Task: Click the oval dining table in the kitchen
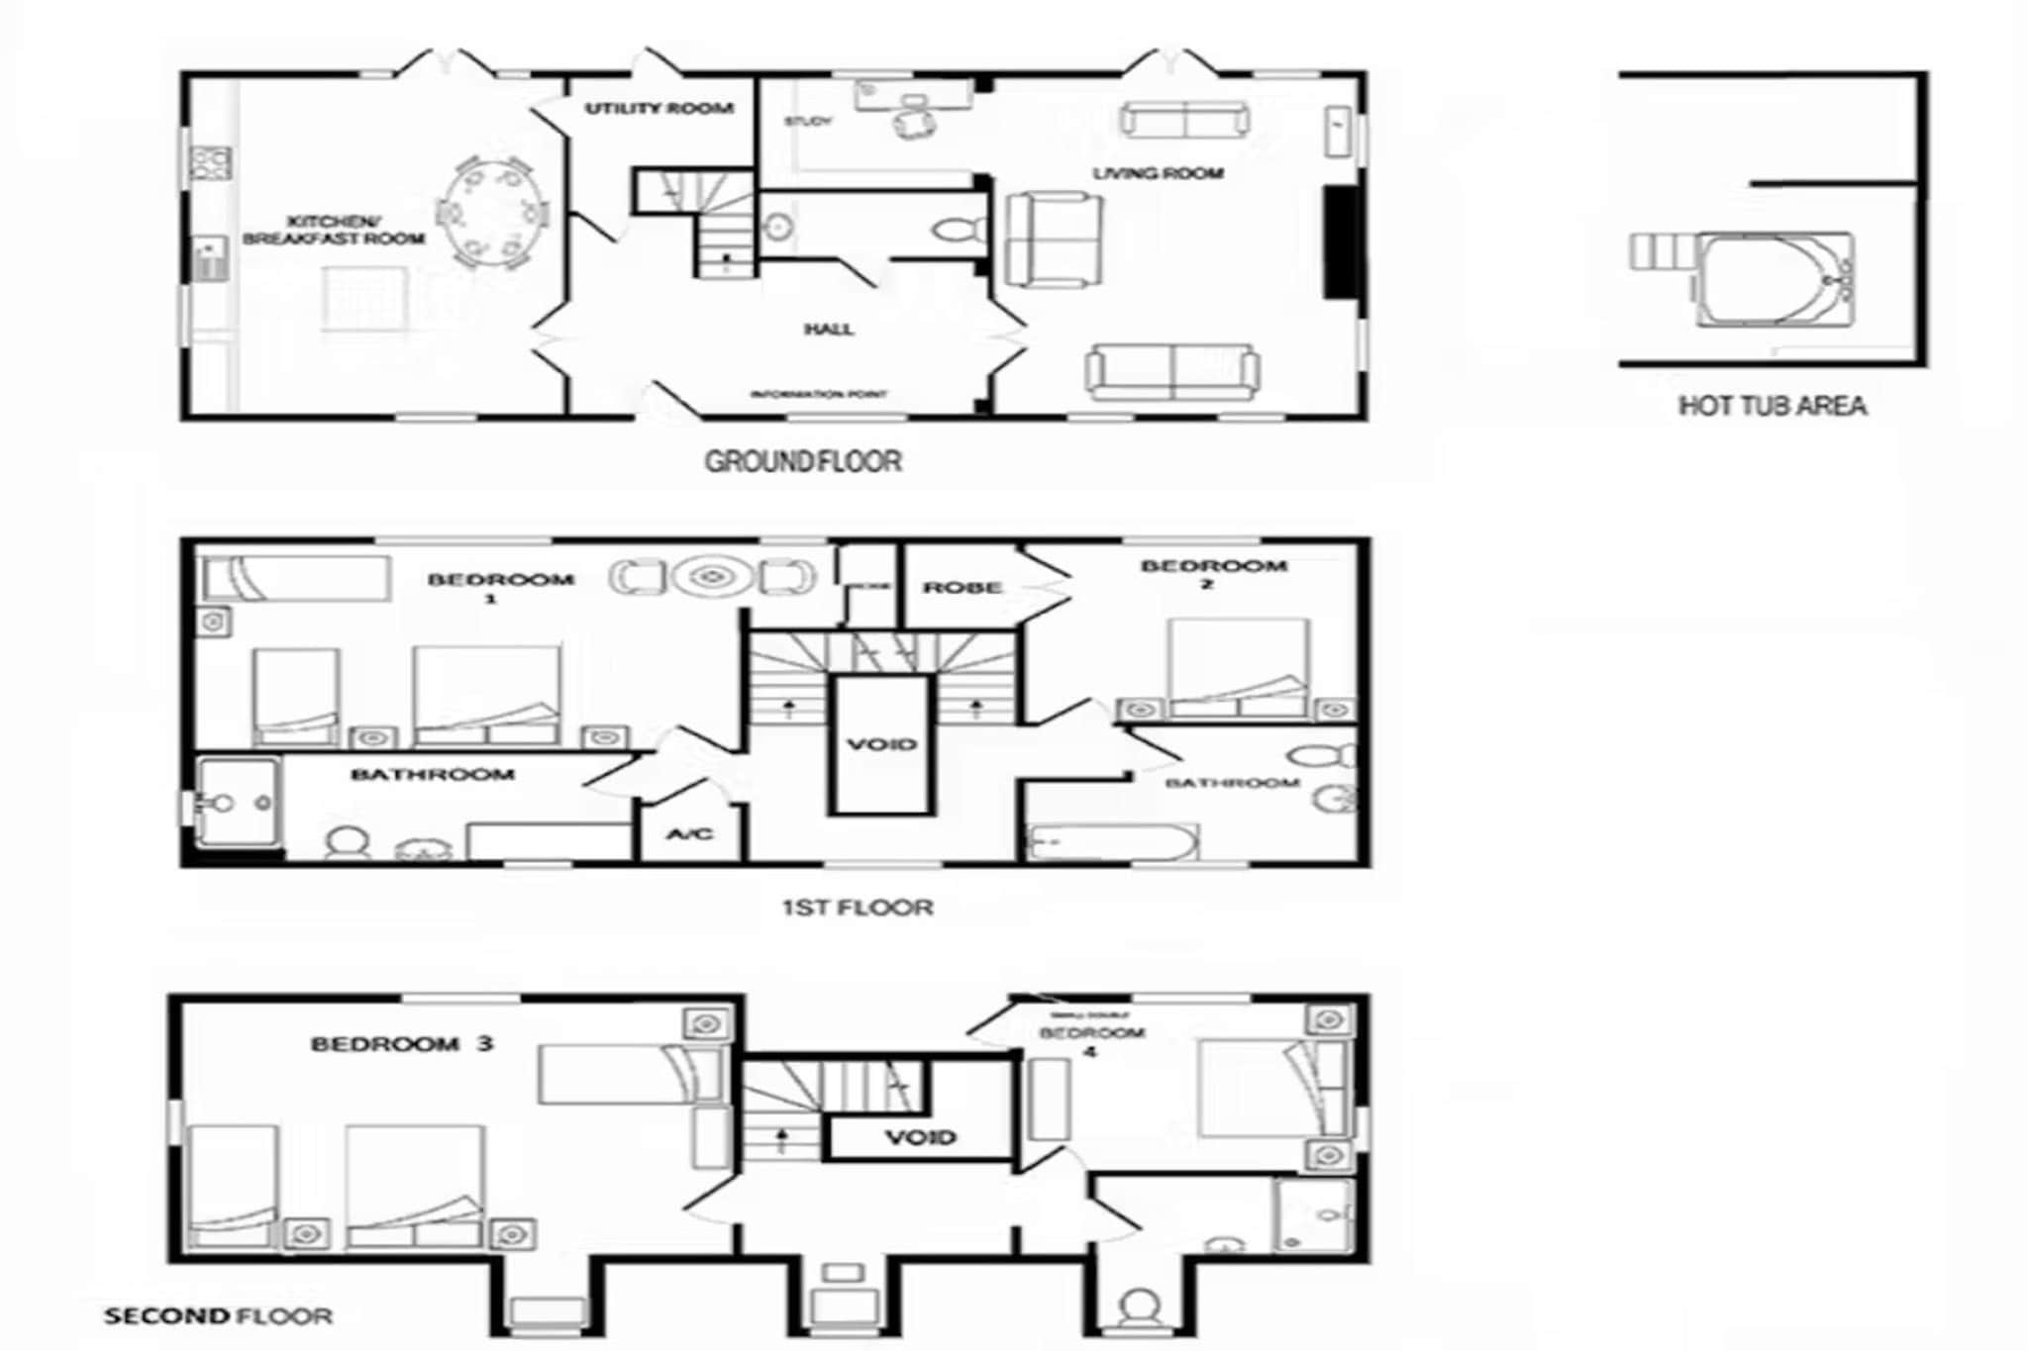click(492, 213)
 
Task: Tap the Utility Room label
click(659, 108)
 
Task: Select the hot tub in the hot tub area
click(1774, 279)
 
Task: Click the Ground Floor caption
click(803, 461)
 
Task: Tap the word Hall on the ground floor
click(829, 329)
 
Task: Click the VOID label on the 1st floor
click(881, 744)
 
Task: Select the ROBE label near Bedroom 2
click(963, 588)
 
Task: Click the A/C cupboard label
click(689, 834)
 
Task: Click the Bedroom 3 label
click(402, 1044)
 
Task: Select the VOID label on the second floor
click(920, 1137)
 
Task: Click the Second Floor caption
click(218, 1316)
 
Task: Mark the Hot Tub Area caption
click(1773, 406)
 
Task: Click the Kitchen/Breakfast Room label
click(334, 230)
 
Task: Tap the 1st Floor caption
click(858, 907)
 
